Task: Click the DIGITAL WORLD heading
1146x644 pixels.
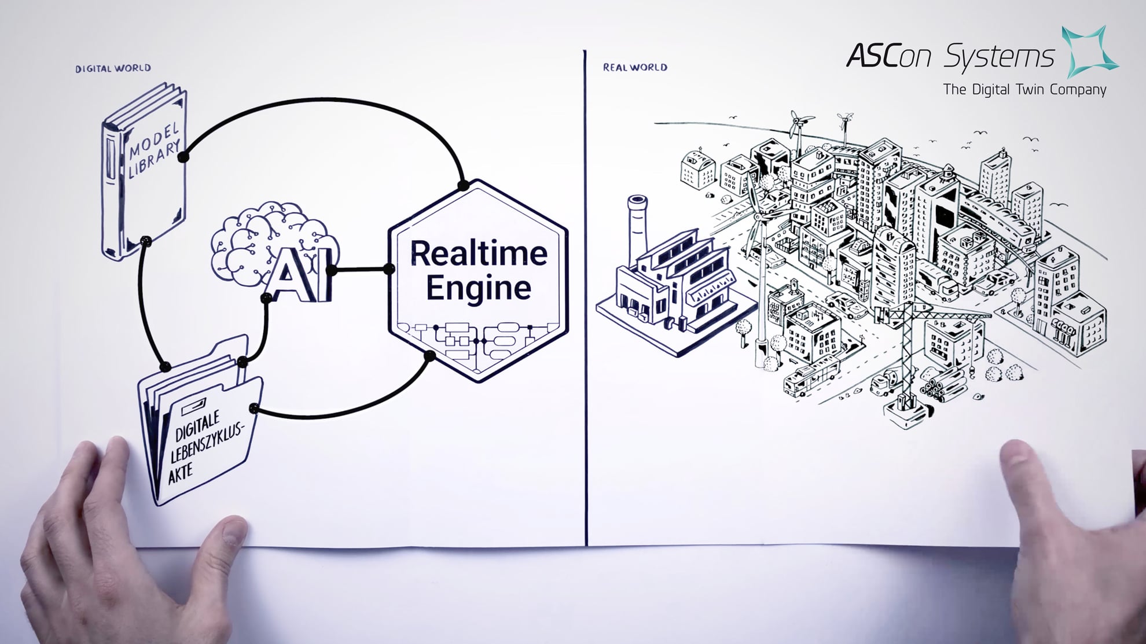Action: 113,68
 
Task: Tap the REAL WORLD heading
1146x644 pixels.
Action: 635,67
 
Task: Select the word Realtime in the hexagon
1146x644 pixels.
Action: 479,253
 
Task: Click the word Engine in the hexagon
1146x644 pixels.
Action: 479,288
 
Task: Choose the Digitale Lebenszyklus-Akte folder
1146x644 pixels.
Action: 200,425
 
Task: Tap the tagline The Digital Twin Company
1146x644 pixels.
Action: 1024,90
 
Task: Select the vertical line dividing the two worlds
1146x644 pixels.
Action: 586,298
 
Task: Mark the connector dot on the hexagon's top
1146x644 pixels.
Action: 463,185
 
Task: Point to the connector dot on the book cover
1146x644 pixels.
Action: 183,157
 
